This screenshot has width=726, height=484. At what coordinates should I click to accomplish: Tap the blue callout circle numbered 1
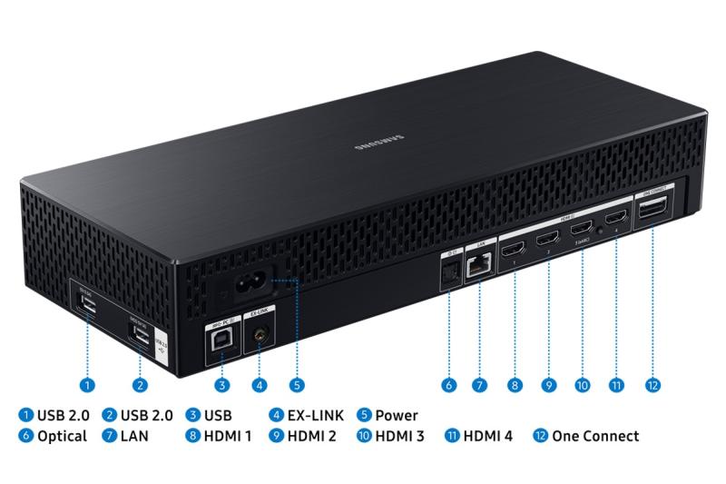(x=85, y=385)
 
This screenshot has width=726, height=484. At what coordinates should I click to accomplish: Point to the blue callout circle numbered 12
(x=653, y=385)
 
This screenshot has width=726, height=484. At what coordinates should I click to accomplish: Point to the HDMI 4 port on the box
(x=615, y=219)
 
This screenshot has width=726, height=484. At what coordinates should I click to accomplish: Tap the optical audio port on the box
(x=447, y=271)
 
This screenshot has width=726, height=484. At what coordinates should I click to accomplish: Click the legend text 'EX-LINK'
(x=314, y=415)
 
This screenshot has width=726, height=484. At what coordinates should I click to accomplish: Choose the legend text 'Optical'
(x=63, y=436)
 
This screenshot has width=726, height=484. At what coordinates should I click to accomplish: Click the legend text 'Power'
(x=396, y=415)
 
